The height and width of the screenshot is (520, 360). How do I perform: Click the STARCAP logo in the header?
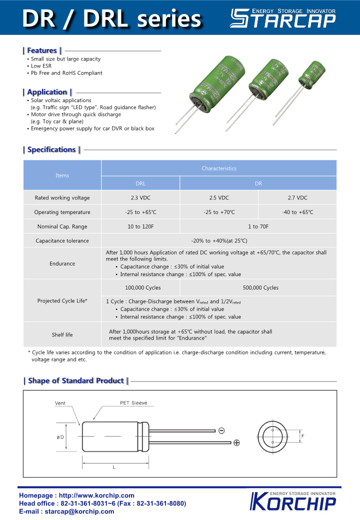[x=282, y=18]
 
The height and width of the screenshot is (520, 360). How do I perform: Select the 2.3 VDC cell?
[x=140, y=197]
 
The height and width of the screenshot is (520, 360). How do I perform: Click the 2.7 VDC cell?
[x=297, y=197]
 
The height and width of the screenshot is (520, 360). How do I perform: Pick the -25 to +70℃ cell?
[x=219, y=212]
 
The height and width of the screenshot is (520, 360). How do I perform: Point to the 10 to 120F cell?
[x=140, y=226]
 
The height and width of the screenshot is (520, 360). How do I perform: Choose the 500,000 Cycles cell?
[x=258, y=287]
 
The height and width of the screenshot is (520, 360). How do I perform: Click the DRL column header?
[x=140, y=183]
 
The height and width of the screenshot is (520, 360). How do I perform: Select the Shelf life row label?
[x=62, y=334]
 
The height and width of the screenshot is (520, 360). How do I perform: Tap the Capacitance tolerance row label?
[x=62, y=241]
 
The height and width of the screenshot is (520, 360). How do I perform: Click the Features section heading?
[x=42, y=50]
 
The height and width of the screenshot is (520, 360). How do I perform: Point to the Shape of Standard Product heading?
[x=76, y=381]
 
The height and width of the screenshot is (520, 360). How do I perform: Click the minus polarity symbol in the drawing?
[x=221, y=430]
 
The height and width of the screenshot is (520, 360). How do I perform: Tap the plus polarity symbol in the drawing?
[x=236, y=442]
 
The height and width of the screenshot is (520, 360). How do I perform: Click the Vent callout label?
[x=60, y=403]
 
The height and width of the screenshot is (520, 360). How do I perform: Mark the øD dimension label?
[x=60, y=437]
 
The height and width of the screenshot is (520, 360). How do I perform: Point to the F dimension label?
[x=303, y=436]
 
